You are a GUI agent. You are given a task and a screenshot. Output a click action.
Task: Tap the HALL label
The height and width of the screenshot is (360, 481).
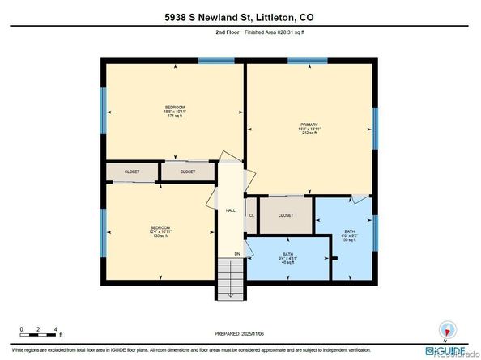click(230, 211)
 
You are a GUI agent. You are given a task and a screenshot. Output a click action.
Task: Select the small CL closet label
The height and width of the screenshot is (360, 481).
click(251, 215)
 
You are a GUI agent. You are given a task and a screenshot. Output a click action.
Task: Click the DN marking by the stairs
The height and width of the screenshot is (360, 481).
click(237, 254)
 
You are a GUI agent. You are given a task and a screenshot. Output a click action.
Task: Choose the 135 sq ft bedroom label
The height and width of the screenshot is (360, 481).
click(161, 231)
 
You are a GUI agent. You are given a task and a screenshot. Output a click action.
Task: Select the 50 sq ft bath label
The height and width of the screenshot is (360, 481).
click(351, 235)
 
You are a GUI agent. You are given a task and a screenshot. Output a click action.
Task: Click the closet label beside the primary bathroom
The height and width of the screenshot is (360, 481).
click(286, 215)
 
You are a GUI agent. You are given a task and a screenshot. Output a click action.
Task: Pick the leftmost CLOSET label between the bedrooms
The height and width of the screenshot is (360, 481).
click(132, 172)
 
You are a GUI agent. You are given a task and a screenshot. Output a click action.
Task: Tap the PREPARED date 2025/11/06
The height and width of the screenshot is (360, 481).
click(239, 333)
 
